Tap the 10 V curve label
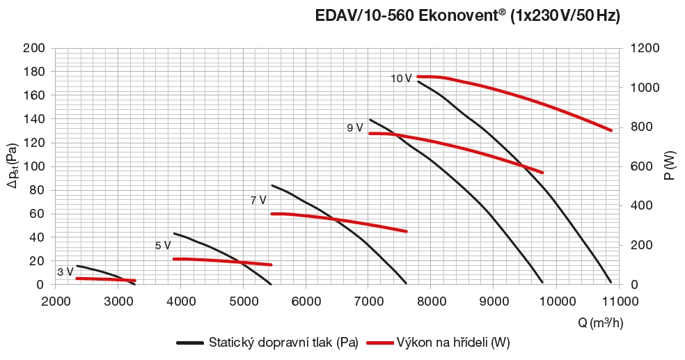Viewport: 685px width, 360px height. point(401,79)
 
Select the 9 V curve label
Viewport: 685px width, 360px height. point(354,128)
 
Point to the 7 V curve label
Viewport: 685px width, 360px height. point(258,201)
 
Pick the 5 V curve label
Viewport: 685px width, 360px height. point(163,246)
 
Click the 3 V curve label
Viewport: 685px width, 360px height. point(65,272)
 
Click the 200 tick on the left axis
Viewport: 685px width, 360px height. point(35,48)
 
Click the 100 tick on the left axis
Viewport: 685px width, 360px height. point(35,166)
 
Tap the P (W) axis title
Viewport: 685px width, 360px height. point(669,166)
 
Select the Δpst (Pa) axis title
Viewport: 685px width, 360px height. point(12,166)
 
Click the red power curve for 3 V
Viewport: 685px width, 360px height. point(104,279)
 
